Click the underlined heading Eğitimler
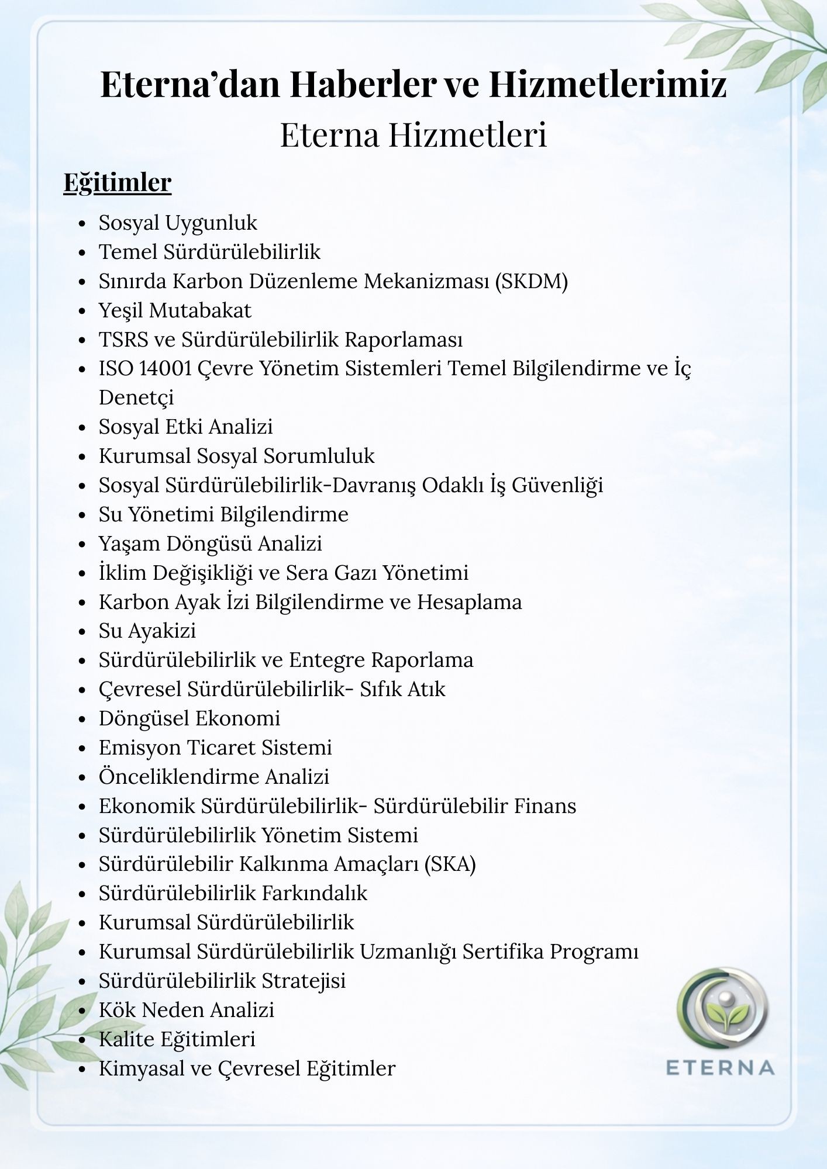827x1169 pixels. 117,183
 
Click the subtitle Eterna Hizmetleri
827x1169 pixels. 413,134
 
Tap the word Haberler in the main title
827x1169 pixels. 363,84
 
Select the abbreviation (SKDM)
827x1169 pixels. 531,281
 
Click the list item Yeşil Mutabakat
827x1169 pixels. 175,310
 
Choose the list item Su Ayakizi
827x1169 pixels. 147,631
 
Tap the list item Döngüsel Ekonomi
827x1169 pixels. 189,718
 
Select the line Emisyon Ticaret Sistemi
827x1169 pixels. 215,748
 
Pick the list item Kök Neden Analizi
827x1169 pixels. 187,1010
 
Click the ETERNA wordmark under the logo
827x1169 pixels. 721,1067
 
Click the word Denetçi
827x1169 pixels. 136,398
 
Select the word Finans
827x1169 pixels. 545,806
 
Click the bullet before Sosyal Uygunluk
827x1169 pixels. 82,224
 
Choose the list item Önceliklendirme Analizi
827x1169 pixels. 214,777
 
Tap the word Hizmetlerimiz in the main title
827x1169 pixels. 608,84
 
